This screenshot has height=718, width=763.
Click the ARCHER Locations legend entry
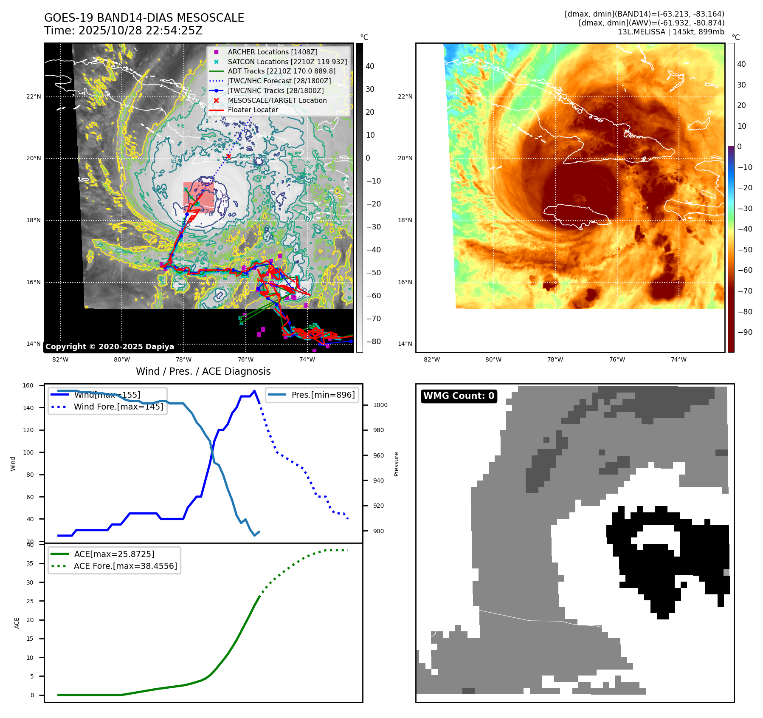click(272, 52)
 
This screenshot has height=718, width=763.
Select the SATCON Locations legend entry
click(287, 62)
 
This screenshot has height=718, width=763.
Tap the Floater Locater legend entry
click(253, 110)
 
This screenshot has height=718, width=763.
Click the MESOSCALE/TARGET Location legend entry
click(277, 100)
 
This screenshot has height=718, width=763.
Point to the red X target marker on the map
click(228, 156)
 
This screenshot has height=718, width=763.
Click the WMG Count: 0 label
click(459, 396)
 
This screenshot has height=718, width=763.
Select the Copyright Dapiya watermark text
click(110, 347)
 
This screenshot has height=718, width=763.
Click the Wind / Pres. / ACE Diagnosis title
click(203, 371)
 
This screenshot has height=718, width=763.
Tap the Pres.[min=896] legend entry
click(323, 395)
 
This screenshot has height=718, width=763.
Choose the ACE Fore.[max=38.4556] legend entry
click(125, 566)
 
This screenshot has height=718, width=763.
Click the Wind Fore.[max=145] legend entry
click(118, 407)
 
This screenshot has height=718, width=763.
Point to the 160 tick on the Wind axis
click(28, 386)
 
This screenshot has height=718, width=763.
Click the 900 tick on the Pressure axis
click(378, 531)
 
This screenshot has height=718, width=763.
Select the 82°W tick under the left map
click(60, 359)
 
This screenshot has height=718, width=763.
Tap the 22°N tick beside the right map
click(405, 96)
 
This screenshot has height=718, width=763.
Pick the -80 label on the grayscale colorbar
click(374, 342)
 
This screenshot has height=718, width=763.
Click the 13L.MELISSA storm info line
click(671, 32)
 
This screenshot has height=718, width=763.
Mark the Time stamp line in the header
click(123, 31)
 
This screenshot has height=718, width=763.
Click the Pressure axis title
click(396, 464)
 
